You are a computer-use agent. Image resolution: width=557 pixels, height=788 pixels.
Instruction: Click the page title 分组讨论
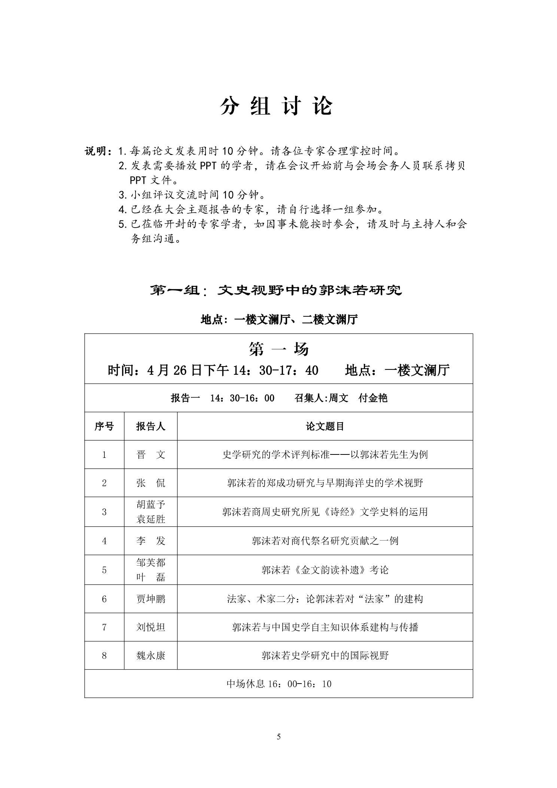point(276,106)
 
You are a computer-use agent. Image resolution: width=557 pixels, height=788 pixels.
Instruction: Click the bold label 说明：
point(98,151)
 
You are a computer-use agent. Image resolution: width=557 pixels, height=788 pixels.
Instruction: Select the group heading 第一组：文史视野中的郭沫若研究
point(276,290)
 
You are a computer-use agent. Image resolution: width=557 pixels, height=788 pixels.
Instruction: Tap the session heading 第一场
point(278,349)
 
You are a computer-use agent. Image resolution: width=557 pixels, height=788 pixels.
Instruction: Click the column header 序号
point(104,426)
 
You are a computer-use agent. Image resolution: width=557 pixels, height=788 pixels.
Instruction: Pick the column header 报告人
point(150,426)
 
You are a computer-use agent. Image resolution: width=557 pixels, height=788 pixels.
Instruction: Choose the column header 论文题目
point(325,426)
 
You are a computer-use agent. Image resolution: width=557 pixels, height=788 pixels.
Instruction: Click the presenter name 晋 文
point(150,454)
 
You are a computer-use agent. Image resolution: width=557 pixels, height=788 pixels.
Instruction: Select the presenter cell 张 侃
point(150,483)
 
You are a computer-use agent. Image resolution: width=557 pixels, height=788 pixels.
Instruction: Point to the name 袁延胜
point(150,519)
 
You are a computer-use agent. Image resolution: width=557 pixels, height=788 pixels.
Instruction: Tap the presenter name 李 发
point(150,541)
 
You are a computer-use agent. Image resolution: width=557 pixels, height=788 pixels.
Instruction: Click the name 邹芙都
point(150,563)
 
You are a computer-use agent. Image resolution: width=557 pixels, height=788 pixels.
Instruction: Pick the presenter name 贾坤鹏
point(150,599)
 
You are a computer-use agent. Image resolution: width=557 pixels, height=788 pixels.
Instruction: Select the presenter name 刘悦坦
point(150,627)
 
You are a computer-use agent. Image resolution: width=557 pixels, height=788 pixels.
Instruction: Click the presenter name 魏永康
point(150,655)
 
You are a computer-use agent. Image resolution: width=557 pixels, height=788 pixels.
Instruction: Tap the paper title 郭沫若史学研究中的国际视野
point(325,655)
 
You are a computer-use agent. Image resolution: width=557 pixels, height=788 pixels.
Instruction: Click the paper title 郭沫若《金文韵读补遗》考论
point(325,570)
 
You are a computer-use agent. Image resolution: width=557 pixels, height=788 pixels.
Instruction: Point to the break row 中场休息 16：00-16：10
point(279,684)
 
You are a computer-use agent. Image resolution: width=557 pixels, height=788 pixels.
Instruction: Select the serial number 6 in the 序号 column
point(104,599)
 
